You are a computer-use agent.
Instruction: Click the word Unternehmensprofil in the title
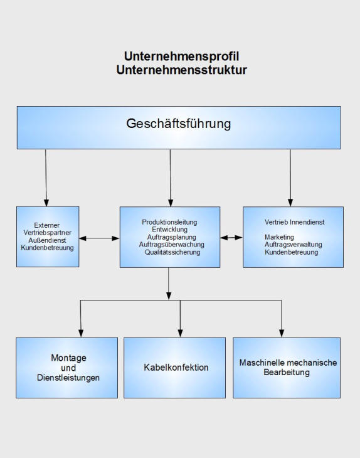[x=182, y=56]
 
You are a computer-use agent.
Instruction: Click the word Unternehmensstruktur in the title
[x=182, y=70]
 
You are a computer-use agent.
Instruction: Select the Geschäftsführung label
[x=179, y=124]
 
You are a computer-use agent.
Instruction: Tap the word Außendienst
[x=47, y=240]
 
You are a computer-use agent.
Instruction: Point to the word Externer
[x=46, y=225]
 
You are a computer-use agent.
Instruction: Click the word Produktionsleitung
[x=169, y=222]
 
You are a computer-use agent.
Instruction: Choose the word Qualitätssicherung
[x=172, y=252]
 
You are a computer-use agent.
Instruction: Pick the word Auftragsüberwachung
[x=171, y=245]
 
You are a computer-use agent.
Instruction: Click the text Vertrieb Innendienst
[x=294, y=222]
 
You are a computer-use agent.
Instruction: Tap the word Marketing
[x=279, y=237]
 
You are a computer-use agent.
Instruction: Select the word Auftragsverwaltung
[x=293, y=245]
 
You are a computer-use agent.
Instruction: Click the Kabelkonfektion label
[x=176, y=367]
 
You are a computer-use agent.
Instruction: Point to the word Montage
[x=68, y=358]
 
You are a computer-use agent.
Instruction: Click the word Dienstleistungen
[x=68, y=378]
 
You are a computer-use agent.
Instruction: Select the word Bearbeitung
[x=287, y=373]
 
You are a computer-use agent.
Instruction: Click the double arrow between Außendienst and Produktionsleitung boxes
[x=99, y=238]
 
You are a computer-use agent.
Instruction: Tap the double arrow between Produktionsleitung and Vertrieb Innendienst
[x=231, y=238]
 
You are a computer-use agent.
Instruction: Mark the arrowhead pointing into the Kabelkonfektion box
[x=180, y=333]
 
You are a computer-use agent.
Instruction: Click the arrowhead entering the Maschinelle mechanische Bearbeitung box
[x=282, y=333]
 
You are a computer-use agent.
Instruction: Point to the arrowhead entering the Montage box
[x=81, y=333]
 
